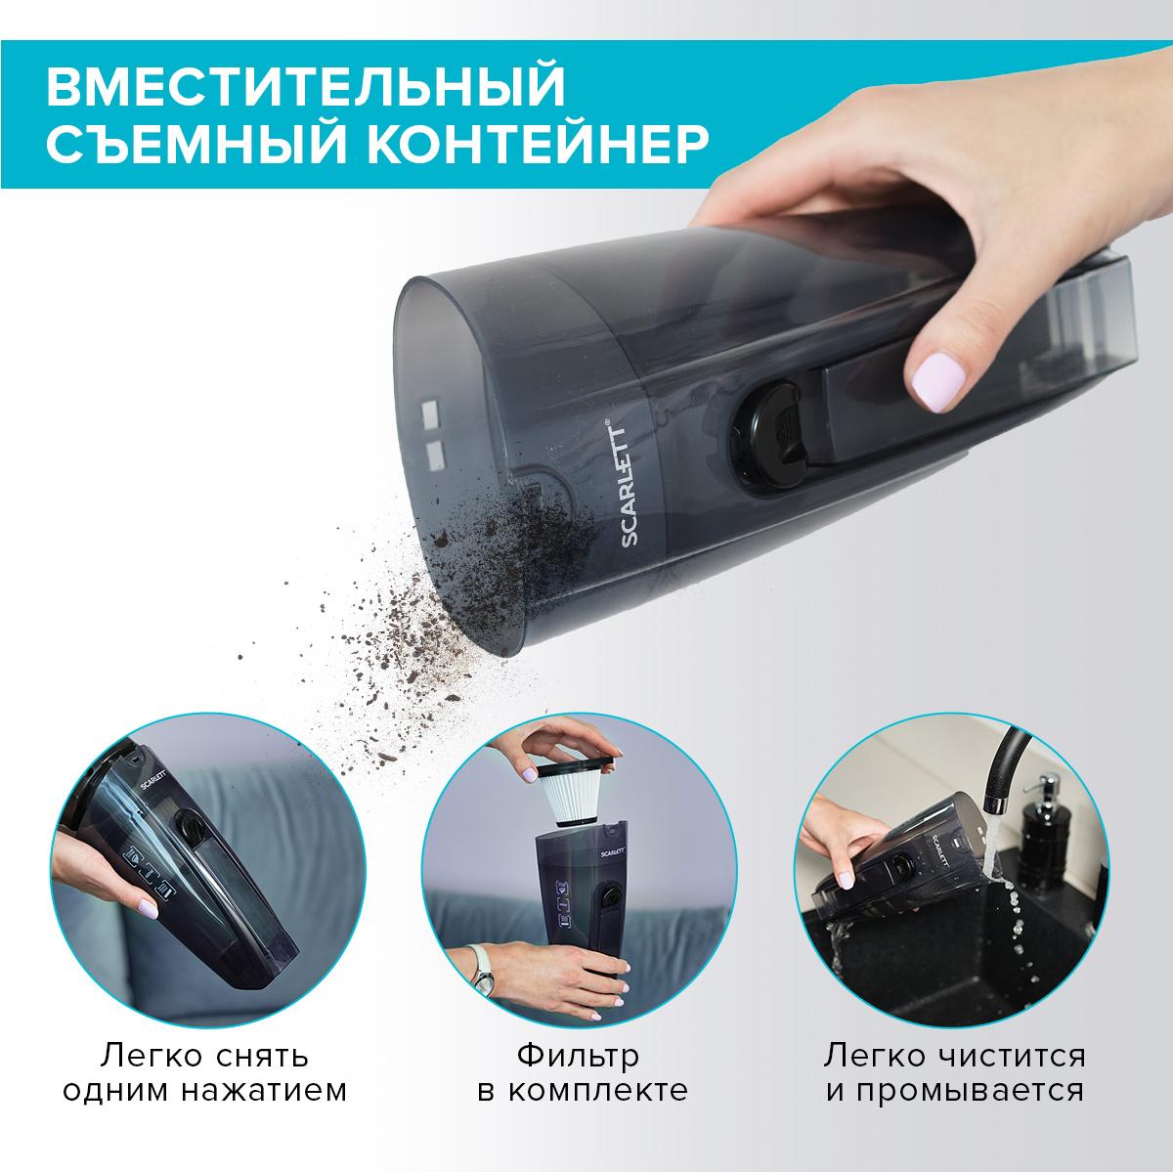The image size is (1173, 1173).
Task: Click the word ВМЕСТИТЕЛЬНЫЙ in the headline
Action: pyautogui.click(x=306, y=87)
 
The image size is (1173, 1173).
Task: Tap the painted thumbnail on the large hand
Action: pyautogui.click(x=938, y=381)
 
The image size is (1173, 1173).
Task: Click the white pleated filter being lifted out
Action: pyautogui.click(x=575, y=798)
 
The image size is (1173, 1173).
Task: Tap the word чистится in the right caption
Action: pyautogui.click(x=1019, y=1055)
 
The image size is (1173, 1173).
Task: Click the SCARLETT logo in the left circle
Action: pyautogui.click(x=153, y=785)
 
